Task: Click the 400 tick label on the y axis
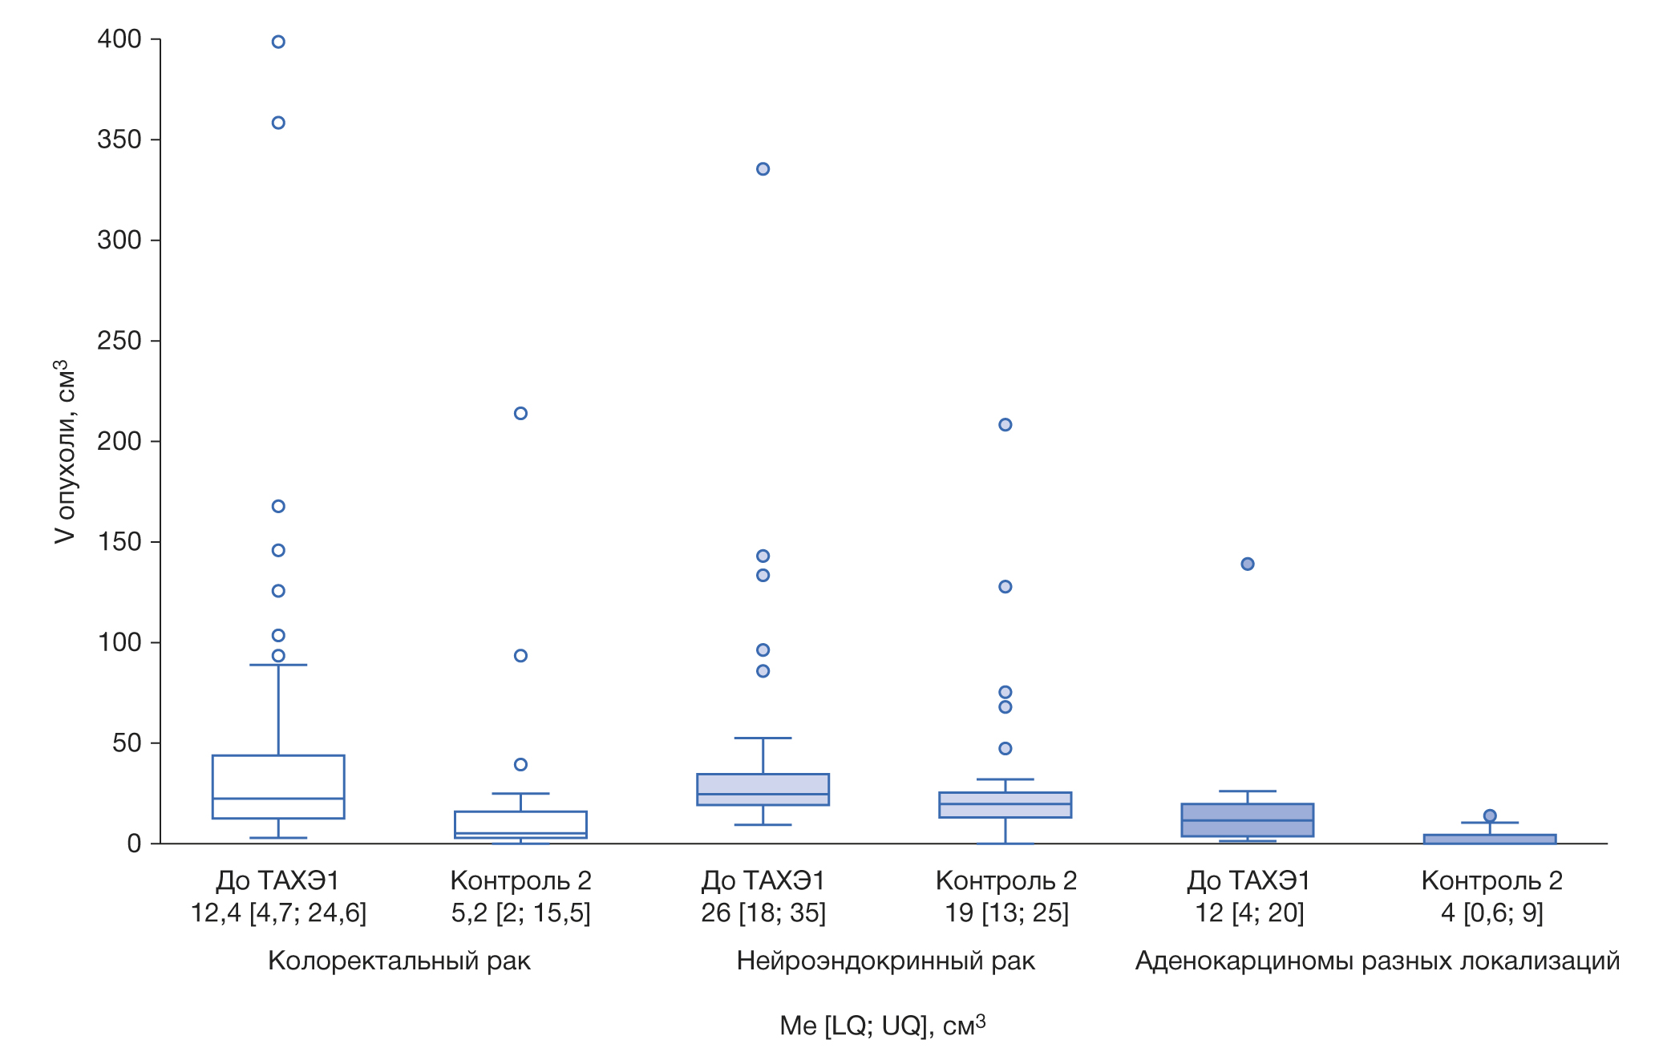point(119,38)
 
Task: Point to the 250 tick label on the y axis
point(119,341)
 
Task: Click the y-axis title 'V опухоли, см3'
point(64,451)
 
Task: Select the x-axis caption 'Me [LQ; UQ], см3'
point(882,1026)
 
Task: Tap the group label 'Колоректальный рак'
point(399,961)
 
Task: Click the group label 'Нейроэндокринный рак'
point(885,961)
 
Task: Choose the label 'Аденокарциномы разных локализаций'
point(1377,961)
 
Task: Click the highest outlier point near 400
point(278,42)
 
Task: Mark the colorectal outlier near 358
point(278,123)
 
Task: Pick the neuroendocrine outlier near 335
point(763,169)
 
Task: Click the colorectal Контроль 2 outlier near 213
point(520,414)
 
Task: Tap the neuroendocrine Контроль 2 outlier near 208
point(1005,425)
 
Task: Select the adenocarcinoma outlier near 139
point(1248,564)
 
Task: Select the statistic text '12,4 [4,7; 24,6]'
point(278,913)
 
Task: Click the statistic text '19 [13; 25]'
point(1006,913)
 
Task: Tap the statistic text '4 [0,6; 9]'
point(1491,913)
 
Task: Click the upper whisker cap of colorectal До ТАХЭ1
point(278,665)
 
